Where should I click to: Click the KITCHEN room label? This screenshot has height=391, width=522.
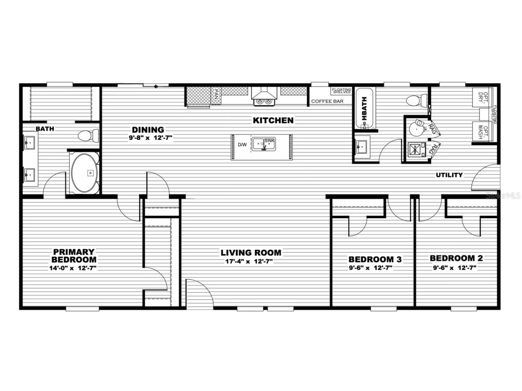pos(273,120)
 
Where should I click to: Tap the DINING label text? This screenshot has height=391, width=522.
pos(148,130)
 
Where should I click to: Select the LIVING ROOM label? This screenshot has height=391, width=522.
pos(250,253)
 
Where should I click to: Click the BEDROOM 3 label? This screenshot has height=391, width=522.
pos(375,260)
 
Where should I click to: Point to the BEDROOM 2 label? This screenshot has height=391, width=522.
pos(456,258)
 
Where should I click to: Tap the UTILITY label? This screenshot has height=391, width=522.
pos(449,175)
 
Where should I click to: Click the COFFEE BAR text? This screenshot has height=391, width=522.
pos(327,102)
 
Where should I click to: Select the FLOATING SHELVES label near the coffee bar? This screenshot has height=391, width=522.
pos(341,91)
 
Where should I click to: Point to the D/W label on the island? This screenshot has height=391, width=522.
pos(242,145)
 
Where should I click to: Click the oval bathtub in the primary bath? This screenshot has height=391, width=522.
pos(85,173)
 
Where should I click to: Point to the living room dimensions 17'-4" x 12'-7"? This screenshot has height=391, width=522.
pos(249,262)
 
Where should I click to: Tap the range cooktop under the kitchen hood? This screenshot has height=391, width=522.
pos(263,101)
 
